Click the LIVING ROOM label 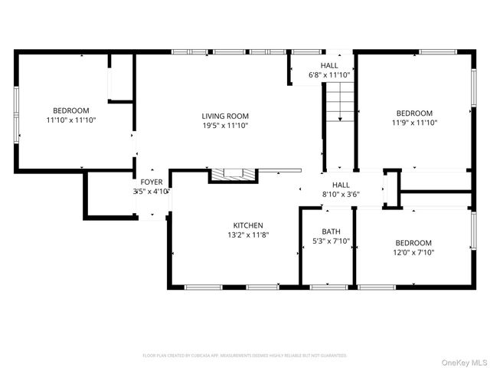pos(225,116)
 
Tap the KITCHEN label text pos(248,225)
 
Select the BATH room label pos(331,231)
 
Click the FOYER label pos(151,182)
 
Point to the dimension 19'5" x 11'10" pos(225,126)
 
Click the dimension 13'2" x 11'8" pos(248,235)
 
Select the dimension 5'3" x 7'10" pos(331,241)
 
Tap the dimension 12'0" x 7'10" pos(413,251)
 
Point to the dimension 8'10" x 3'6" pos(341,195)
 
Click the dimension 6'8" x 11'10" pos(329,75)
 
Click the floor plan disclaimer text pos(245,356)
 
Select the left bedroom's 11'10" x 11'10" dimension pos(70,120)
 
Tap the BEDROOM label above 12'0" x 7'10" pos(413,242)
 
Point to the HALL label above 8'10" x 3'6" pos(341,185)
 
